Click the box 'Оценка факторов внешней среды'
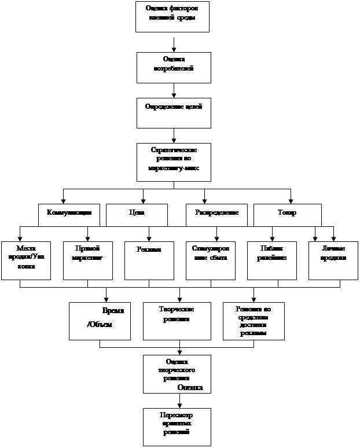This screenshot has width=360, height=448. click(x=172, y=16)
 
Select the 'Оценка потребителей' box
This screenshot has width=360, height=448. click(x=174, y=67)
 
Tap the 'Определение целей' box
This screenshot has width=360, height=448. click(x=174, y=112)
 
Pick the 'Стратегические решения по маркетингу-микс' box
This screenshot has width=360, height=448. click(x=174, y=161)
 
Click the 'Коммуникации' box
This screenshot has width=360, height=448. click(x=69, y=214)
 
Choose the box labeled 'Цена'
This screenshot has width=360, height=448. click(x=137, y=214)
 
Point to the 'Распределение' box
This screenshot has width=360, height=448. click(x=216, y=214)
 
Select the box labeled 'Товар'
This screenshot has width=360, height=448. click(x=287, y=214)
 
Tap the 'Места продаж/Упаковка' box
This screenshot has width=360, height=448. click(x=26, y=260)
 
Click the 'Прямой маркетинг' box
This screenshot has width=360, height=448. click(x=87, y=260)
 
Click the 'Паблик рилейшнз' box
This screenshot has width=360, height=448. click(x=271, y=260)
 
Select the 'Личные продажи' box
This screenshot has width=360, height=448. click(x=333, y=260)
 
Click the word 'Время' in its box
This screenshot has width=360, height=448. click(x=112, y=311)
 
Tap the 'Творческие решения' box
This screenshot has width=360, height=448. click(x=177, y=321)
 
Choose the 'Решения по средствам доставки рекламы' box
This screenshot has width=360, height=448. click(x=253, y=321)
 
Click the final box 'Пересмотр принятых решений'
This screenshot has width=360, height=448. click(x=177, y=426)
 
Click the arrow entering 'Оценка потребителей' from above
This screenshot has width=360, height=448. click(x=174, y=47)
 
